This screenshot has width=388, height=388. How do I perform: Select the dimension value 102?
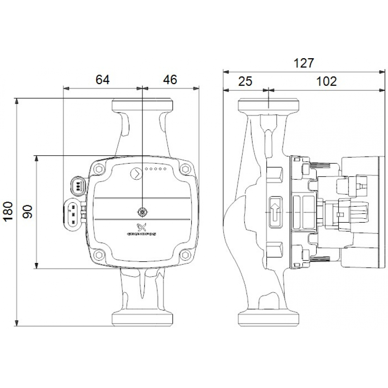pyautogui.click(x=326, y=81)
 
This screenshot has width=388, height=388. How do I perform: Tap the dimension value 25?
pyautogui.click(x=245, y=81)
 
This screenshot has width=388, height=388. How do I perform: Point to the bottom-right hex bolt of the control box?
pyautogui.click(x=185, y=255)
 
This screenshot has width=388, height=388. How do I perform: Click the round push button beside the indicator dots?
pyautogui.click(x=136, y=173)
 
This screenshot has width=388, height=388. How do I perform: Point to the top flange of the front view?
pyautogui.click(x=142, y=105)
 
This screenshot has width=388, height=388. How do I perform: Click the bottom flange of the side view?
pyautogui.click(x=268, y=318)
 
